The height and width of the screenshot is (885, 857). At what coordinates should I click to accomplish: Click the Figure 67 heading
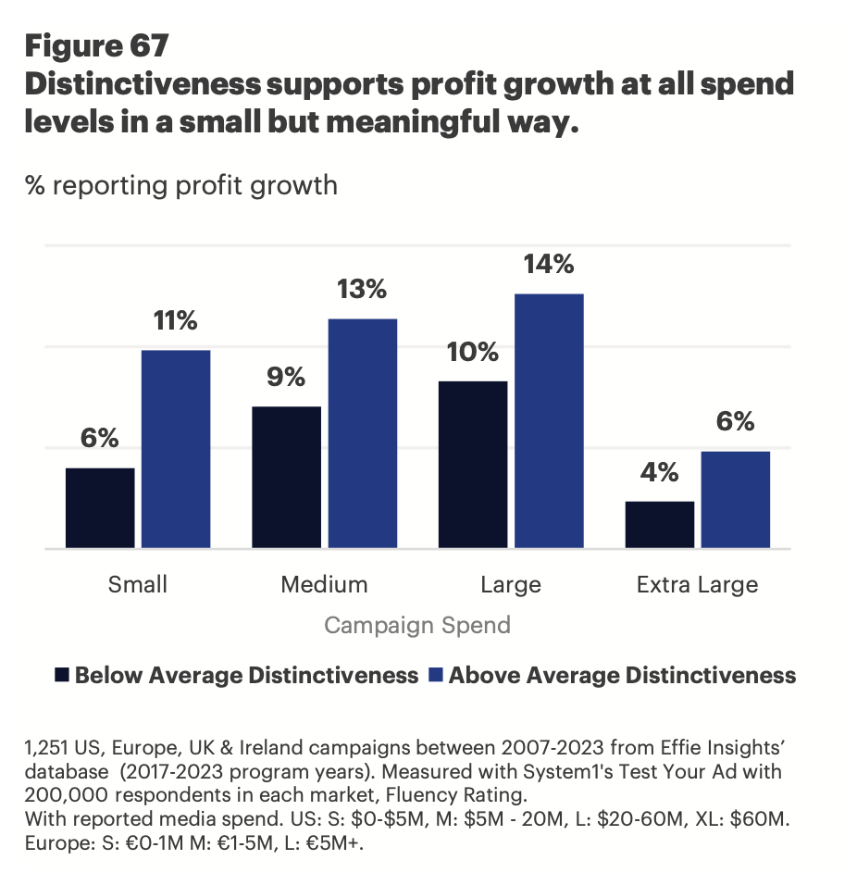(x=97, y=44)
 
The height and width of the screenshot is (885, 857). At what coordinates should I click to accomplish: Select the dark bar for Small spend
(x=100, y=508)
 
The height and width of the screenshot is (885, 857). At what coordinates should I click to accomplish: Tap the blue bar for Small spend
(x=176, y=449)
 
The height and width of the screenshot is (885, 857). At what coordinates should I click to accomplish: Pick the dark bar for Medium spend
(x=286, y=477)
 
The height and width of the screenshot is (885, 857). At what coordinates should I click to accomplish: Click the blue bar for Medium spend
(x=362, y=433)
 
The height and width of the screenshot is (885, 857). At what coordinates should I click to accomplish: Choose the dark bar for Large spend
(x=473, y=465)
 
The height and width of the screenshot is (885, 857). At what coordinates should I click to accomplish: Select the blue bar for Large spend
(x=549, y=421)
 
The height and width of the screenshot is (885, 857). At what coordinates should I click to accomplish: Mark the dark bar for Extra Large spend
(x=660, y=525)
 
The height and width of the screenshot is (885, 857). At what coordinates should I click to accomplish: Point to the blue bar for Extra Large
(x=736, y=500)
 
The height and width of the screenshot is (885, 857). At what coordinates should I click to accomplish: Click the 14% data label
(x=550, y=265)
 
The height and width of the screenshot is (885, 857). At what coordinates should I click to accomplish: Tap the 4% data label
(x=660, y=473)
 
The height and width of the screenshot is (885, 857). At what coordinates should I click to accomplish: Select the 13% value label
(x=362, y=290)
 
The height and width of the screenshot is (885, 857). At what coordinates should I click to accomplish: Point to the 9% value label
(x=286, y=378)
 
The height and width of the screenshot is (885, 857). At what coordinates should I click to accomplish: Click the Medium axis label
(x=324, y=585)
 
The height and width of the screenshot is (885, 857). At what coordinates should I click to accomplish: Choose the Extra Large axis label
(x=697, y=585)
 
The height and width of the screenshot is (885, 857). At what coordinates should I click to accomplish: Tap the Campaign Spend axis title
(x=417, y=626)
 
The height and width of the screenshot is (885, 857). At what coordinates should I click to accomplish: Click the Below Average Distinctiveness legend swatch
(x=62, y=675)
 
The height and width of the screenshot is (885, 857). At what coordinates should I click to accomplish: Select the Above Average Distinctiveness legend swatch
(x=436, y=675)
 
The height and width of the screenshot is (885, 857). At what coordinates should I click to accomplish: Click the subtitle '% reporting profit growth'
(x=181, y=185)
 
